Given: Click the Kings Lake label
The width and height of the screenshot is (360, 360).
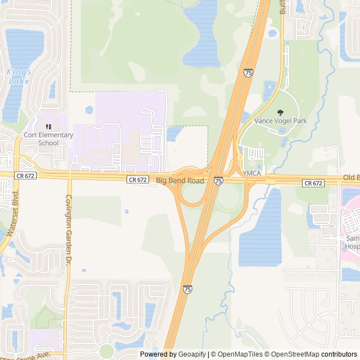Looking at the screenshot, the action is [x=19, y=76].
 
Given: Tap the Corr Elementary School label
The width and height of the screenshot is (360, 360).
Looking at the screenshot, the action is [x=48, y=138].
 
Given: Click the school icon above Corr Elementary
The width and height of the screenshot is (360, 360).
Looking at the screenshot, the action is [x=48, y=127].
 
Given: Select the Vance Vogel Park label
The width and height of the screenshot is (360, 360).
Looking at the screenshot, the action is [x=281, y=120].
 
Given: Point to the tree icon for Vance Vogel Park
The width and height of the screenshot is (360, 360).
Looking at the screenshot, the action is [x=281, y=112].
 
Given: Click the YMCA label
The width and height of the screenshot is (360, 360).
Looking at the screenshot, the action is [x=251, y=173].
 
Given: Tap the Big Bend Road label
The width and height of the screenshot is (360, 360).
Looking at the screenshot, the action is [x=180, y=181].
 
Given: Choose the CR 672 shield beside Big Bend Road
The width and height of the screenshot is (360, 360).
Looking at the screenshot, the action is [x=138, y=180].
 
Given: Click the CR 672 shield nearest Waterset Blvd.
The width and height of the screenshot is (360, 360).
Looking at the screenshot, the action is [x=25, y=175].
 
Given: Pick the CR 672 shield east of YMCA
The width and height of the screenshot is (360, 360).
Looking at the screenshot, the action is [x=313, y=183].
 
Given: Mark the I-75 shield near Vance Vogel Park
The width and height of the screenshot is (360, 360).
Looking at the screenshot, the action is [x=249, y=73].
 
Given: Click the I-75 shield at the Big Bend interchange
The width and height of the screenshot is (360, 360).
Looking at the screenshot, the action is [x=218, y=181].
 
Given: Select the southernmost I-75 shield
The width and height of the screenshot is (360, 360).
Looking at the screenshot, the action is [x=187, y=289].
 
